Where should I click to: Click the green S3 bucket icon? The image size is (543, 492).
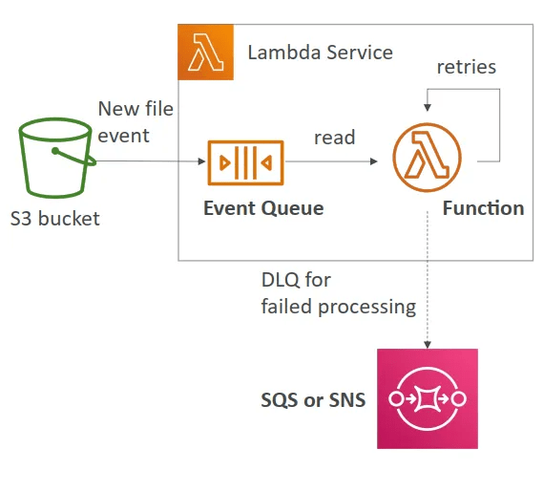(55, 158)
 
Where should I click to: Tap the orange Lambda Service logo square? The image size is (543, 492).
(205, 52)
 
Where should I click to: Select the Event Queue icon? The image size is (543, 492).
(245, 162)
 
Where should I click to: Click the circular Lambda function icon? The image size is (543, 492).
(427, 157)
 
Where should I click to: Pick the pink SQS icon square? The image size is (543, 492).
(428, 398)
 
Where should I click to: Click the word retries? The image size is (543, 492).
(466, 67)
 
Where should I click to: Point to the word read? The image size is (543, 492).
(335, 138)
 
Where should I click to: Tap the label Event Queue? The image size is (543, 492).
(263, 208)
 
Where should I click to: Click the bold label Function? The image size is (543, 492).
(484, 208)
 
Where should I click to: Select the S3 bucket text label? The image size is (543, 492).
(55, 219)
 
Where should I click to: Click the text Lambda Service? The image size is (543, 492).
(321, 53)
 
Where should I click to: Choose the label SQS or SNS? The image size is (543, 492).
(313, 399)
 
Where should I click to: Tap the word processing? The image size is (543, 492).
(367, 308)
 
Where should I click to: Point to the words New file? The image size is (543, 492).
(136, 109)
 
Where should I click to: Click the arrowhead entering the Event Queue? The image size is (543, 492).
(201, 161)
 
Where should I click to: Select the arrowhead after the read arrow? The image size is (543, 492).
(374, 161)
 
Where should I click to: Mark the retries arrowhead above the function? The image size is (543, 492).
(428, 108)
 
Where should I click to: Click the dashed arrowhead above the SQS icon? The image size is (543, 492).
(428, 345)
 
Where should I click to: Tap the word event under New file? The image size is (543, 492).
(123, 136)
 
